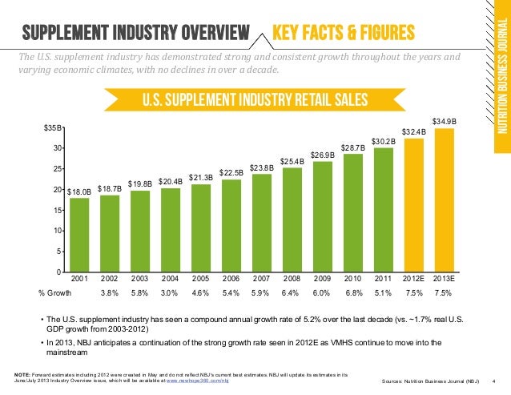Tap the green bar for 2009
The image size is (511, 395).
tap(322, 216)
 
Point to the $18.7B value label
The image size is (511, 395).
tap(110, 188)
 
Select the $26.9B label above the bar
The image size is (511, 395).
tap(322, 154)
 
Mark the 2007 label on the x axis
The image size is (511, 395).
tap(261, 278)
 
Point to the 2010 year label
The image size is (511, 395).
tap(352, 278)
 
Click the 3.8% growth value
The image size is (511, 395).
tap(110, 293)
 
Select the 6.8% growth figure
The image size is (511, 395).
tap(352, 293)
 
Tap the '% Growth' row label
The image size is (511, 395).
tap(55, 293)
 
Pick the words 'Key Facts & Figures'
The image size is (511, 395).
tap(343, 33)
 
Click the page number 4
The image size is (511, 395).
tap(493, 379)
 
